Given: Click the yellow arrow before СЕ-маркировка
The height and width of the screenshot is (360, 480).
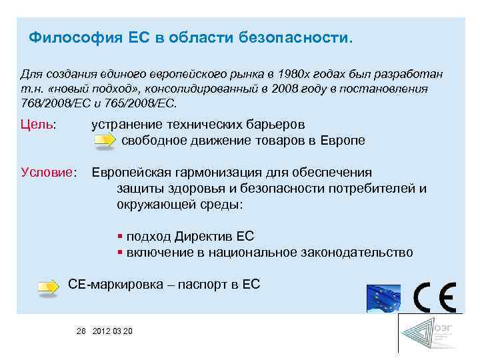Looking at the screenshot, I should pos(49,287).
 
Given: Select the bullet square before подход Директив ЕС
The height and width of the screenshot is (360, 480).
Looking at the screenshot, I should pos(119,237).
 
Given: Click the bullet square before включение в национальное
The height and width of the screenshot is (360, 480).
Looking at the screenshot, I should pos(119,253).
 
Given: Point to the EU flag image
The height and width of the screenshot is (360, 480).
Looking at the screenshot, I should pos(383,298).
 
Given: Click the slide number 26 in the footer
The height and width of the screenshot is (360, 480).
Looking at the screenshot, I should pos(82,331).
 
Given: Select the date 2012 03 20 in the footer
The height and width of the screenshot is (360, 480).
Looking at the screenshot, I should pos(113,331).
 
